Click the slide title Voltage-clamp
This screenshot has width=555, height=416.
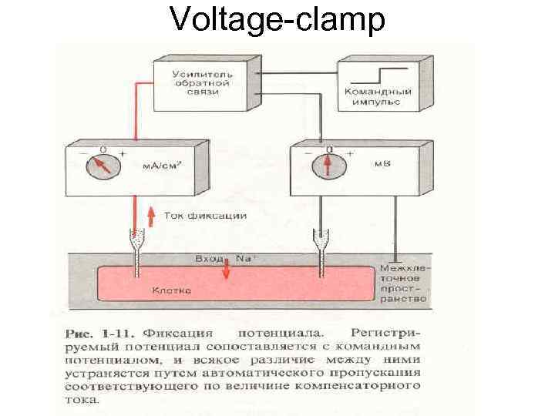tap(277, 20)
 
